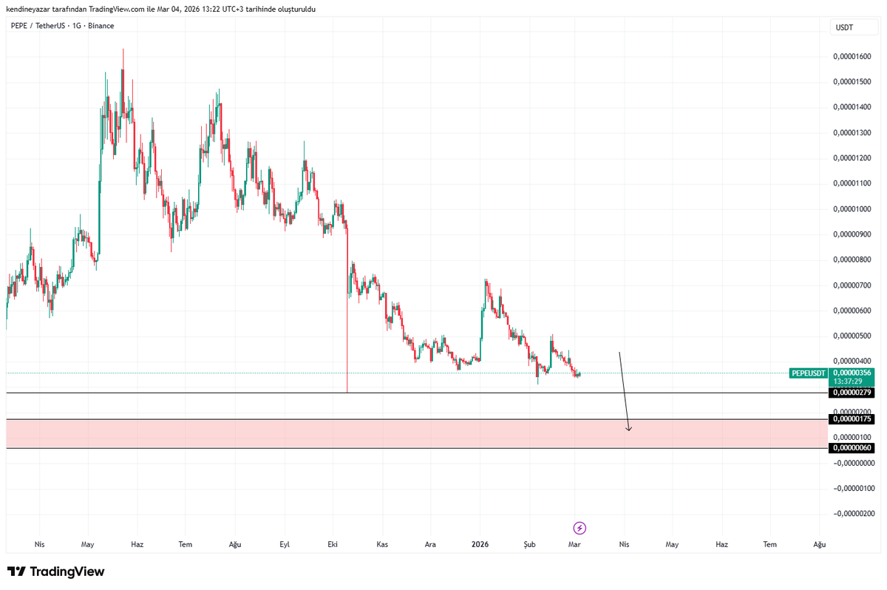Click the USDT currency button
(844, 27)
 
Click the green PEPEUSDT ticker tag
(808, 373)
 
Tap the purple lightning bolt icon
(580, 528)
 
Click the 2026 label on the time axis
(480, 544)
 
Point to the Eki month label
(333, 544)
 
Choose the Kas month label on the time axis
(381, 544)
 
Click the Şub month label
(529, 544)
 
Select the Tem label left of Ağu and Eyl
(186, 544)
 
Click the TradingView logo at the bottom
(56, 572)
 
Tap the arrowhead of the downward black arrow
(628, 430)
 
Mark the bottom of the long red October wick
(347, 392)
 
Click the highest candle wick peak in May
(123, 49)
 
